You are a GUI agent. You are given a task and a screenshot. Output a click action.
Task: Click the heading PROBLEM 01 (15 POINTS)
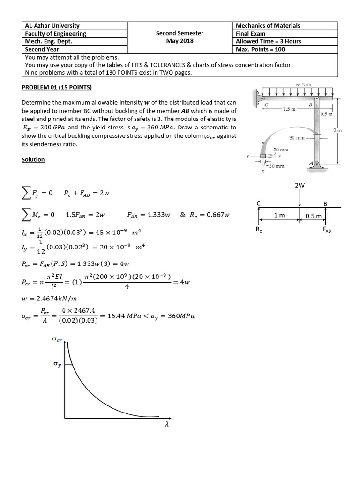[57, 87]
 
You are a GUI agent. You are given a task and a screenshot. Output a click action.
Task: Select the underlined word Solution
[33, 159]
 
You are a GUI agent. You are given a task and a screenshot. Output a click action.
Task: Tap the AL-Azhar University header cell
[52, 26]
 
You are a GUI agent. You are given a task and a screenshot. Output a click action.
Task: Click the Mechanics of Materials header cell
[268, 26]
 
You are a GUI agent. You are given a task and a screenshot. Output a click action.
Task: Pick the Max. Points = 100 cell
[260, 49]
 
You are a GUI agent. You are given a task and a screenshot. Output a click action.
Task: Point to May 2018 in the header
[180, 41]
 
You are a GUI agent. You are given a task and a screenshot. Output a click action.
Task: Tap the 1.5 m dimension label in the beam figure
[290, 109]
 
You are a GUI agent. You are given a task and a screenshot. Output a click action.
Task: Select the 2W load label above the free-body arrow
[300, 185]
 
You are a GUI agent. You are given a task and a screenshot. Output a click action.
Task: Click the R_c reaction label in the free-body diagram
[259, 229]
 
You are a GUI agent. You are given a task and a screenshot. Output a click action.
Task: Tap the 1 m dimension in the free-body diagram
[279, 216]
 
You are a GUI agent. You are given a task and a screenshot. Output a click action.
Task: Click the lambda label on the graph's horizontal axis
[166, 425]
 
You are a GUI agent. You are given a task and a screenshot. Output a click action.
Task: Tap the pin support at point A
[317, 165]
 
